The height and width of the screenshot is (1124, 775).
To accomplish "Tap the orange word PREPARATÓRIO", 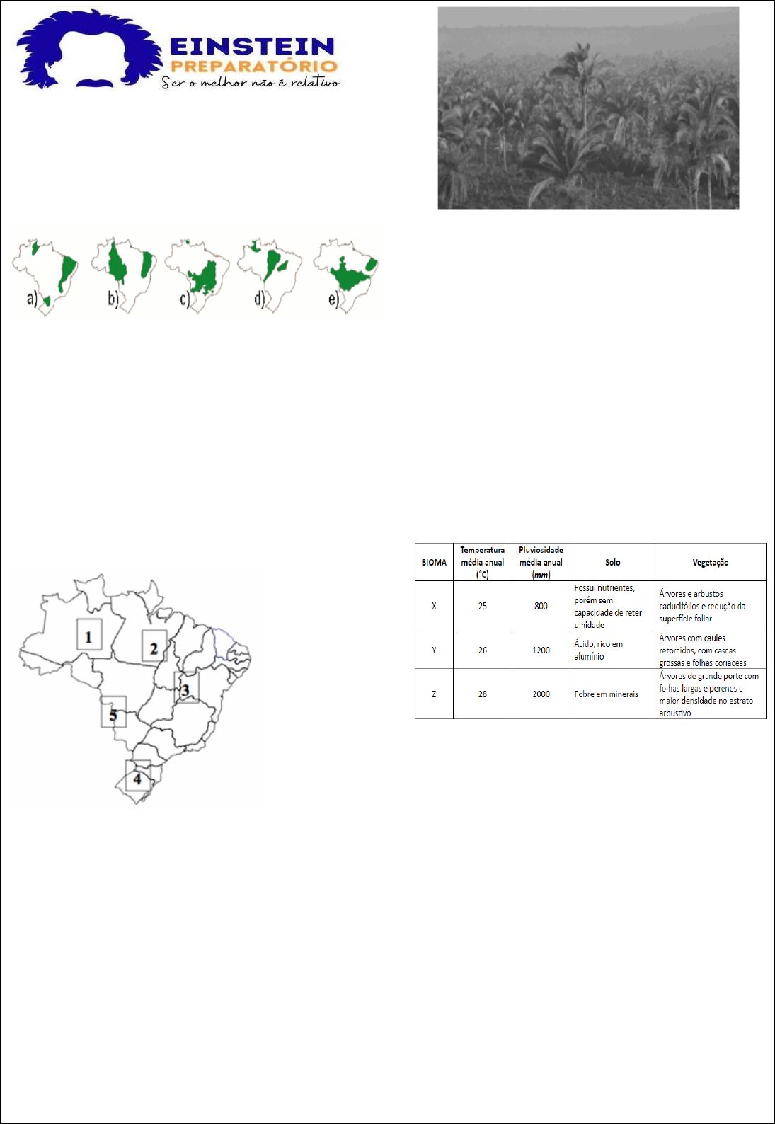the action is pos(254,67).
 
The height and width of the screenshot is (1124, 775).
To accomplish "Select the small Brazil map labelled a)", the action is pos(45,277).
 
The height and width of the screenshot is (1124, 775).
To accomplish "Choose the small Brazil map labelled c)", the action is pos(197,275).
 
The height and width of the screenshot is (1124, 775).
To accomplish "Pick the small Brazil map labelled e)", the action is pos(346,275).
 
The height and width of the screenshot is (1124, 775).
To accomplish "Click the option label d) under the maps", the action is pos(259,299).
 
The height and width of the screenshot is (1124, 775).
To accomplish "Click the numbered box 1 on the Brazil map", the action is pos(89,634).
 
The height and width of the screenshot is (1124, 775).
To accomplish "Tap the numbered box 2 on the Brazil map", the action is pos(154,646).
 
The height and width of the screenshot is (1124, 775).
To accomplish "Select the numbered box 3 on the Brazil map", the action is pos(186,687).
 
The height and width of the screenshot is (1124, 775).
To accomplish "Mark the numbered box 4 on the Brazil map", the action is pos(138,776).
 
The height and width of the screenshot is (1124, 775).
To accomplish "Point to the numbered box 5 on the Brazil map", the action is pos(113,711).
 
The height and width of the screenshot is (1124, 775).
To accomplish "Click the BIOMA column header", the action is pos(434,563).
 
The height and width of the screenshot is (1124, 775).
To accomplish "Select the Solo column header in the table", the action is pos(612,563).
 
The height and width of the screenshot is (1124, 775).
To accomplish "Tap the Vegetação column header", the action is pos(711,563).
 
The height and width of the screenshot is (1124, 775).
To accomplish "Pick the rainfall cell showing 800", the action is pos(541,606).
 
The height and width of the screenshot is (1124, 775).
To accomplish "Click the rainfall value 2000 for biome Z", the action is pos(541,694).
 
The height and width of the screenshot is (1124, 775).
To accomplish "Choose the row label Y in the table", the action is pos(434,650).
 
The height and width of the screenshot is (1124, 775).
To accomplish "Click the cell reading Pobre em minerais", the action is pos(606,694).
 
